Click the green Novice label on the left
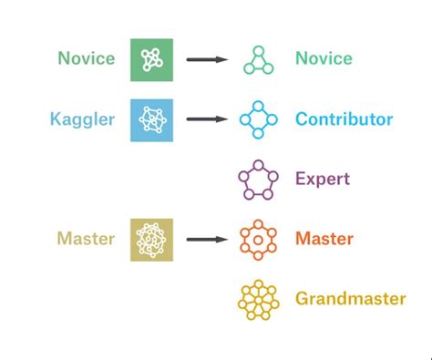87,59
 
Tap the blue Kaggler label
84,118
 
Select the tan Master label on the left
87,239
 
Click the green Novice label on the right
324,59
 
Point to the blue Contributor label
344,119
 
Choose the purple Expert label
323,179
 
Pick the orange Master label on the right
324,239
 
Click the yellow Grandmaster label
350,299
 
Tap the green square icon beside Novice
150,59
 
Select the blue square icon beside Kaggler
150,119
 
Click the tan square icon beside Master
150,240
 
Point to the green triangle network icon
258,60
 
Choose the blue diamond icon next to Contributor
258,119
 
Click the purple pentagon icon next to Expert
258,180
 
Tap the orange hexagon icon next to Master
258,240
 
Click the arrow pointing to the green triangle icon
207,60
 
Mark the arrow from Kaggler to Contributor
207,119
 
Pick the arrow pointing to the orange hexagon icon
207,240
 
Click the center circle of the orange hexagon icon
258,241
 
